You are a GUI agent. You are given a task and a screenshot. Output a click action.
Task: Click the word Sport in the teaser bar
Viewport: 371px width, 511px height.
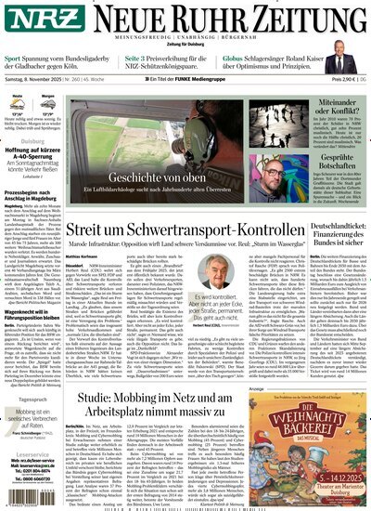pos(13,59)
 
